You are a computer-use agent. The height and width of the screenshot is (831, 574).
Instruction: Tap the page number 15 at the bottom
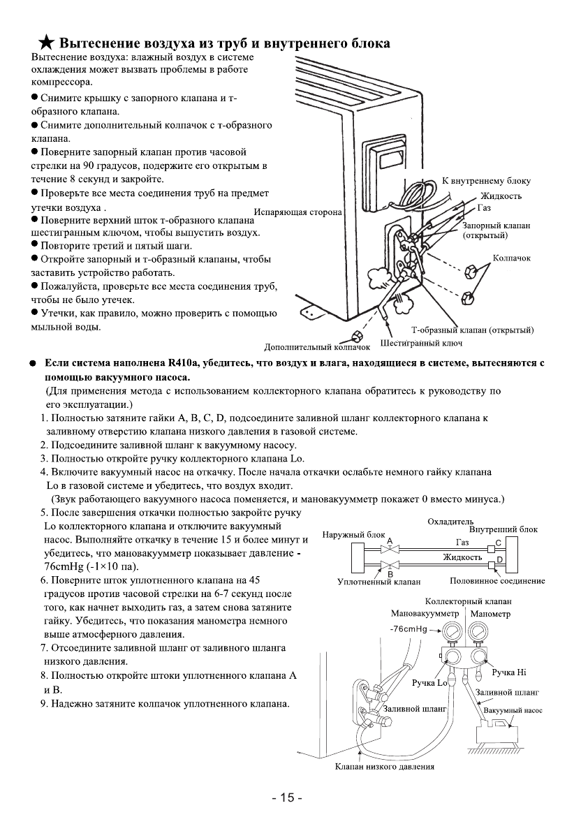click(x=287, y=798)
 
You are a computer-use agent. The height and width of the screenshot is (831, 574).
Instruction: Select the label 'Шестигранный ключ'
click(x=421, y=343)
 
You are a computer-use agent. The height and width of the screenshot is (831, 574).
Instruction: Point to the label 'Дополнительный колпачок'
click(x=317, y=346)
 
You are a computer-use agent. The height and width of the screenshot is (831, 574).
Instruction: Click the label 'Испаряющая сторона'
click(x=298, y=211)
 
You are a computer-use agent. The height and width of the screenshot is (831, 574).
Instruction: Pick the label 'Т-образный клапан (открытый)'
click(x=473, y=330)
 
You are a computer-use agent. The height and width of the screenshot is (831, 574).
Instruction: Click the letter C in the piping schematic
click(x=498, y=542)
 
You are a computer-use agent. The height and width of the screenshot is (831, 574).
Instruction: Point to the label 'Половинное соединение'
click(x=497, y=580)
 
